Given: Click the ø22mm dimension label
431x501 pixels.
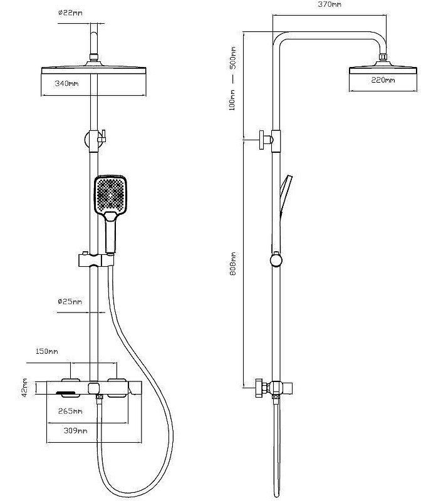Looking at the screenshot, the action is [x=70, y=13].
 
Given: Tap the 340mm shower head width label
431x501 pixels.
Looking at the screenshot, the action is [x=66, y=83].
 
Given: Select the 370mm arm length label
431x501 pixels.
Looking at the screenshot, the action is [x=330, y=4].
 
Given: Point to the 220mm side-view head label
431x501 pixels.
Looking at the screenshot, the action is [x=383, y=80].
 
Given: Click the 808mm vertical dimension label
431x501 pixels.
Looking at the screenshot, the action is [x=233, y=264].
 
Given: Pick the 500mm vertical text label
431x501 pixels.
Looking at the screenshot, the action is [x=233, y=58].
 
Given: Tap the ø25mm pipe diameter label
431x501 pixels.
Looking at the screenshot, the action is [x=70, y=301].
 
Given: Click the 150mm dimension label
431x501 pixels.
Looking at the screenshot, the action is [x=47, y=351].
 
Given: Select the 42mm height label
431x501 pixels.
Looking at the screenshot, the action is [x=24, y=388].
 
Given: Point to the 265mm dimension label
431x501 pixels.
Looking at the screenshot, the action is [x=70, y=411].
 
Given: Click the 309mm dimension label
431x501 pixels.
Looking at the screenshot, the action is [x=75, y=431].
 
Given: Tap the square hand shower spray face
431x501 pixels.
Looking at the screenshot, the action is [x=110, y=193].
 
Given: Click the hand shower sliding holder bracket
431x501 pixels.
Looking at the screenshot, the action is [x=96, y=260].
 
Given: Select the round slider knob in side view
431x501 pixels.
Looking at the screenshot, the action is [x=276, y=259].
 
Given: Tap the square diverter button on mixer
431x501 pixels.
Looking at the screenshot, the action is [x=94, y=388].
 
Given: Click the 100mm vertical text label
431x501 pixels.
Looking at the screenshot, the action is [x=232, y=100].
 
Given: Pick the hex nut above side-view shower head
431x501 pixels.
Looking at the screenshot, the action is [x=383, y=57].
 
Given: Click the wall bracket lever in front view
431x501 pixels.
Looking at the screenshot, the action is [x=102, y=137].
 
